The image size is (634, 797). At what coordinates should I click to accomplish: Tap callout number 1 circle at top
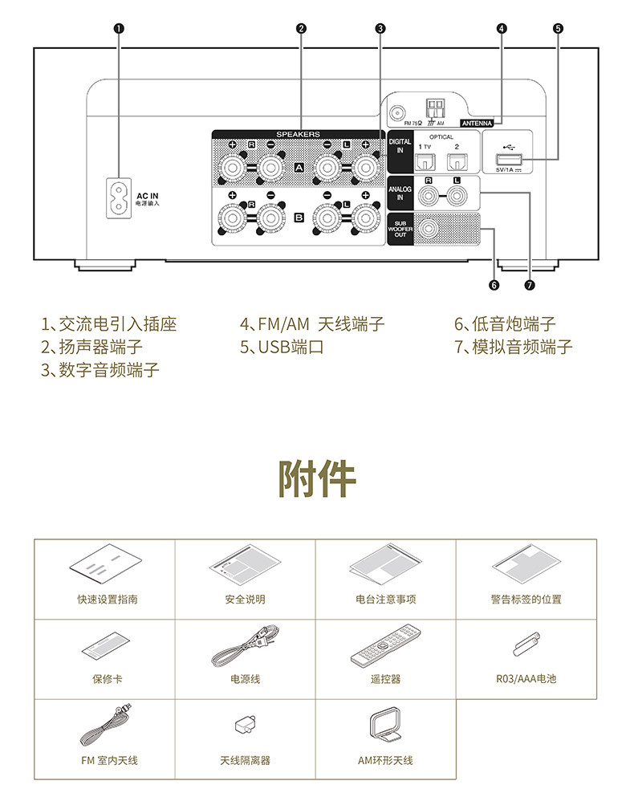[x=119, y=28]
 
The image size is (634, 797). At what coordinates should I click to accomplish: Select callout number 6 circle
[x=494, y=284]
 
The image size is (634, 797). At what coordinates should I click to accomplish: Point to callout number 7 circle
[x=529, y=284]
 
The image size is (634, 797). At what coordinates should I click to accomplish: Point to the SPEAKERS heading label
[x=298, y=134]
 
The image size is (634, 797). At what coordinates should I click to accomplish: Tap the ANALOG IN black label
[x=400, y=193]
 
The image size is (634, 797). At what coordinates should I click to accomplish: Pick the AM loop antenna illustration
[x=384, y=726]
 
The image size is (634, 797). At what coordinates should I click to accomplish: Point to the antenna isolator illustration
[x=245, y=725]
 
